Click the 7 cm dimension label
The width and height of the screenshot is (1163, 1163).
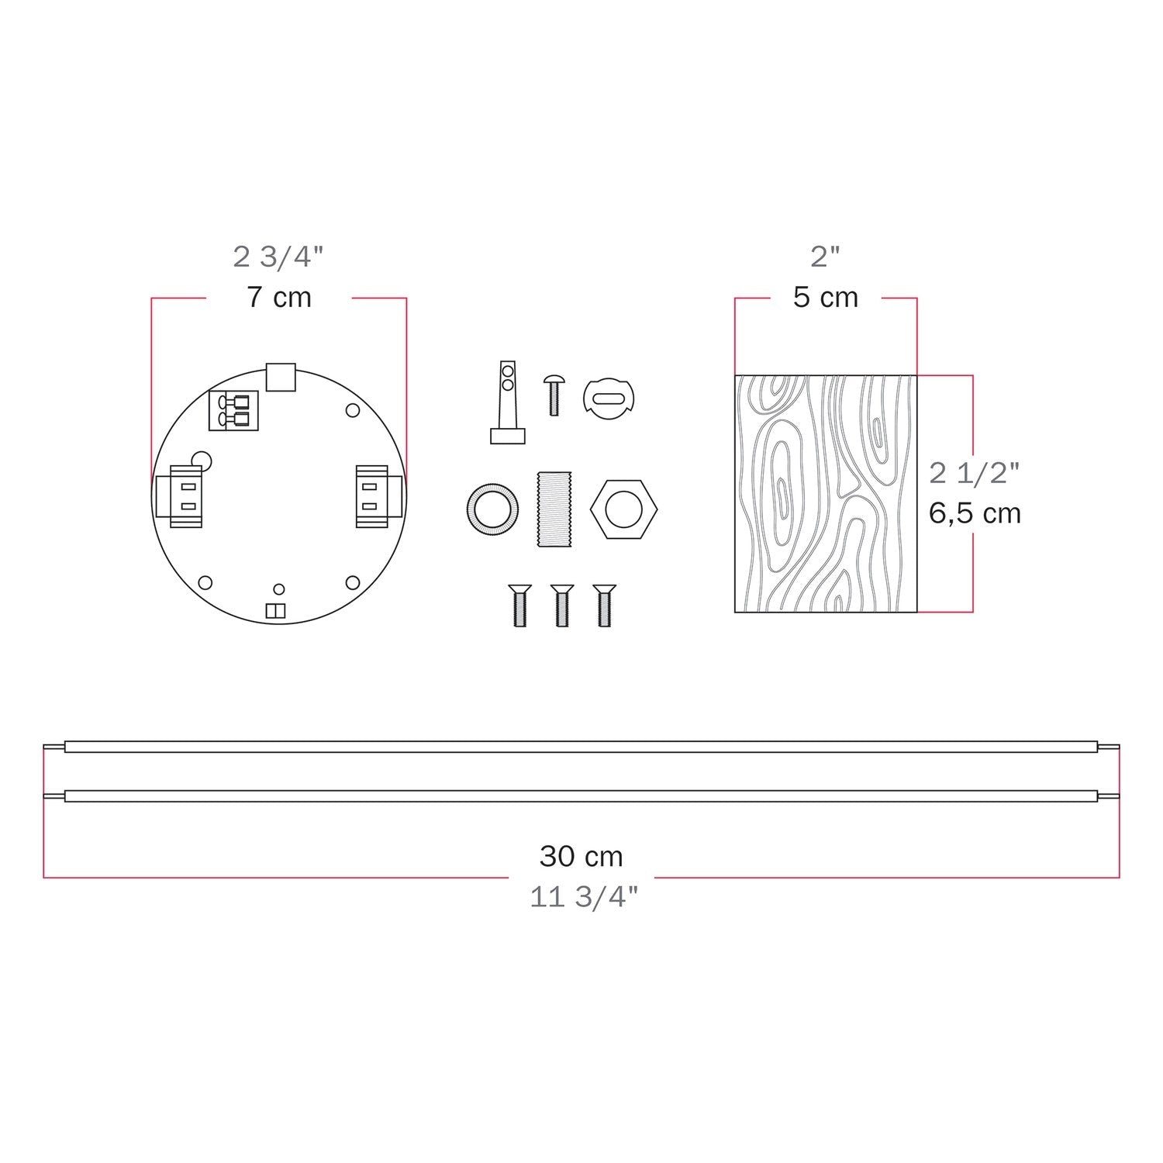click(279, 298)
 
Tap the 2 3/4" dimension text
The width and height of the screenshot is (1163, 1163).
click(278, 257)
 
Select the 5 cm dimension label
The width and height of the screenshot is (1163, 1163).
click(825, 298)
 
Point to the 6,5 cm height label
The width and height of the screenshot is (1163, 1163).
click(975, 513)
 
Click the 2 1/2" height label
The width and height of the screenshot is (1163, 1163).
click(975, 472)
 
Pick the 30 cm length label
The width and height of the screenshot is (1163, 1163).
click(581, 856)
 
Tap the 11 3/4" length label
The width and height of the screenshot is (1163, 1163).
click(584, 897)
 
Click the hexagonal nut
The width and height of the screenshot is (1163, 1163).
click(623, 509)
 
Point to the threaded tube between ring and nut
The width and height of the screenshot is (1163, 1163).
click(553, 509)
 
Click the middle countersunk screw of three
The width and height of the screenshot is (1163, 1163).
click(561, 605)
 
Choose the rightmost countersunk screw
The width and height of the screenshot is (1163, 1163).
click(604, 605)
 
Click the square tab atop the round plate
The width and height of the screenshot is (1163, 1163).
click(281, 376)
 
